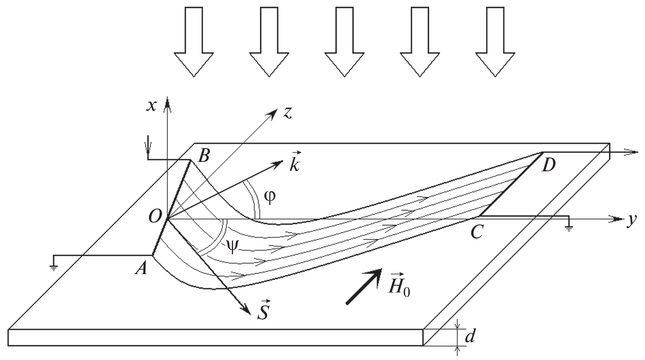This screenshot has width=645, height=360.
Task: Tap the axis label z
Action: [287, 113]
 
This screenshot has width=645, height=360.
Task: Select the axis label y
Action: [631, 220]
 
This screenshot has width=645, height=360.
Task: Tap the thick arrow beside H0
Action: [363, 286]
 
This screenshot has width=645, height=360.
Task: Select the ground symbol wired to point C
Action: [570, 228]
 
